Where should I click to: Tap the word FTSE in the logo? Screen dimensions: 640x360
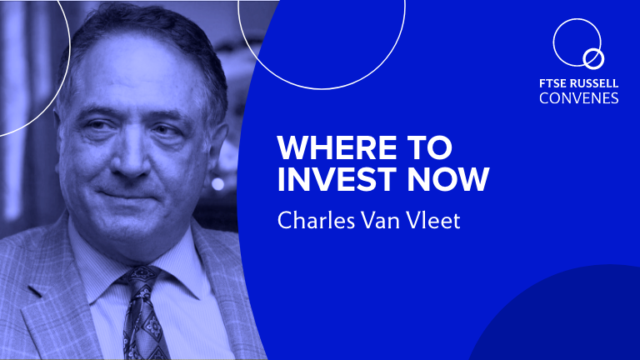click(x=552, y=83)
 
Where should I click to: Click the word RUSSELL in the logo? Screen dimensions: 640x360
click(x=594, y=83)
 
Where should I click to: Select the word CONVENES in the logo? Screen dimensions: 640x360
click(x=579, y=98)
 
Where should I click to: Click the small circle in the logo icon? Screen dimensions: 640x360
click(x=593, y=59)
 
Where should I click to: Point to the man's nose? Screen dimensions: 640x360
click(x=132, y=159)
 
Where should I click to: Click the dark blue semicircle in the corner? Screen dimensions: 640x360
click(x=559, y=318)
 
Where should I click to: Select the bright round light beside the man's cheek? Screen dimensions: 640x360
click(x=217, y=183)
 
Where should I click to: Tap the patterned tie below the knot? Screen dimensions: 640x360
click(x=145, y=327)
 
